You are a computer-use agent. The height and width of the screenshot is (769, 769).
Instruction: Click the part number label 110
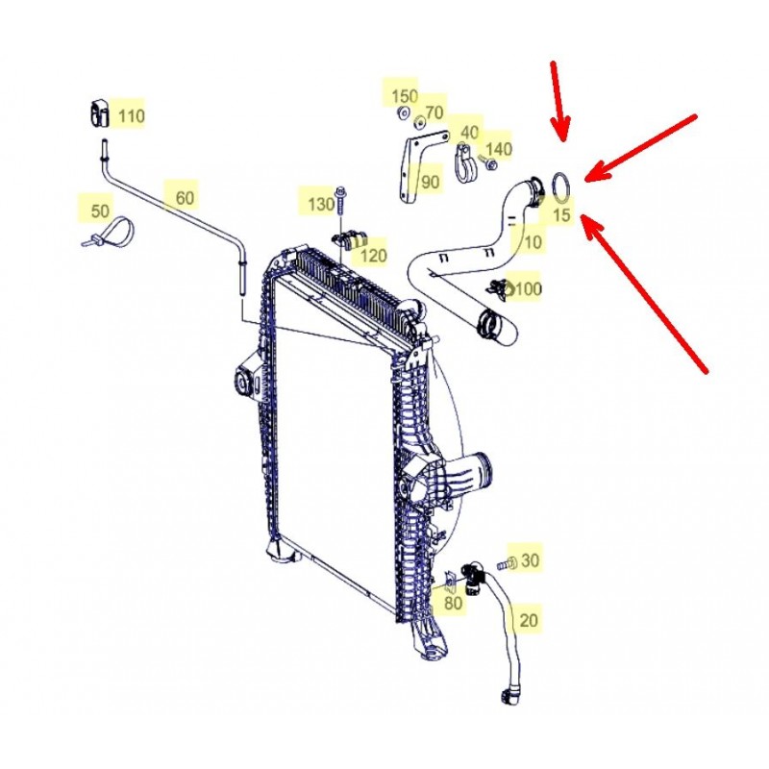132,116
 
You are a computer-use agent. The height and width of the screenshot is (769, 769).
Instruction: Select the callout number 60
185,198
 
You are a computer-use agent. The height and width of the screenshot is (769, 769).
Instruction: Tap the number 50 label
100,211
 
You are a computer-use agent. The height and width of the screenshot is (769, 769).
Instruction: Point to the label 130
321,204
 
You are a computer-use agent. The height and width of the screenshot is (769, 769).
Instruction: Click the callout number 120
373,255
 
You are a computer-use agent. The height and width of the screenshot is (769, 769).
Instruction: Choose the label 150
404,95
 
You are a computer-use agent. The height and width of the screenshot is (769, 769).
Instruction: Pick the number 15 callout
561,214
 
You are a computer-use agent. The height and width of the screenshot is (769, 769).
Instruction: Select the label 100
528,288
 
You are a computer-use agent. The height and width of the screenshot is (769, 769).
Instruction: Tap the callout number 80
453,603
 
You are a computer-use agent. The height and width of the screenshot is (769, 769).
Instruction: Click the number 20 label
528,620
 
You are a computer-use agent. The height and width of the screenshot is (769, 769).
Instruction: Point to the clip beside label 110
99,113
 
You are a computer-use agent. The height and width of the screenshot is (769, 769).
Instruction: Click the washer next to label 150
403,112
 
